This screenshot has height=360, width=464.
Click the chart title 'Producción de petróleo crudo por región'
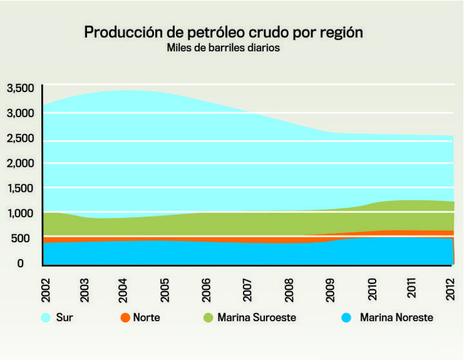point(223,32)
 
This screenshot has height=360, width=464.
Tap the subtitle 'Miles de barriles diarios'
point(223,48)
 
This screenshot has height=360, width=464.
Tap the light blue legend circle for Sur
point(46,317)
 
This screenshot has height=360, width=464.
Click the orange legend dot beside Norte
point(124,317)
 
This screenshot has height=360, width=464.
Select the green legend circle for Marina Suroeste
point(208,317)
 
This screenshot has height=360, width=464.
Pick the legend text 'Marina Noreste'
point(396,317)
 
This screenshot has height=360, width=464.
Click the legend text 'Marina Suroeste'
point(256,317)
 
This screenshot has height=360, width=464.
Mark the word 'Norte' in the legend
point(146,317)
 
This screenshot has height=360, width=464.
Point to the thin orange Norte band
point(193,239)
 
